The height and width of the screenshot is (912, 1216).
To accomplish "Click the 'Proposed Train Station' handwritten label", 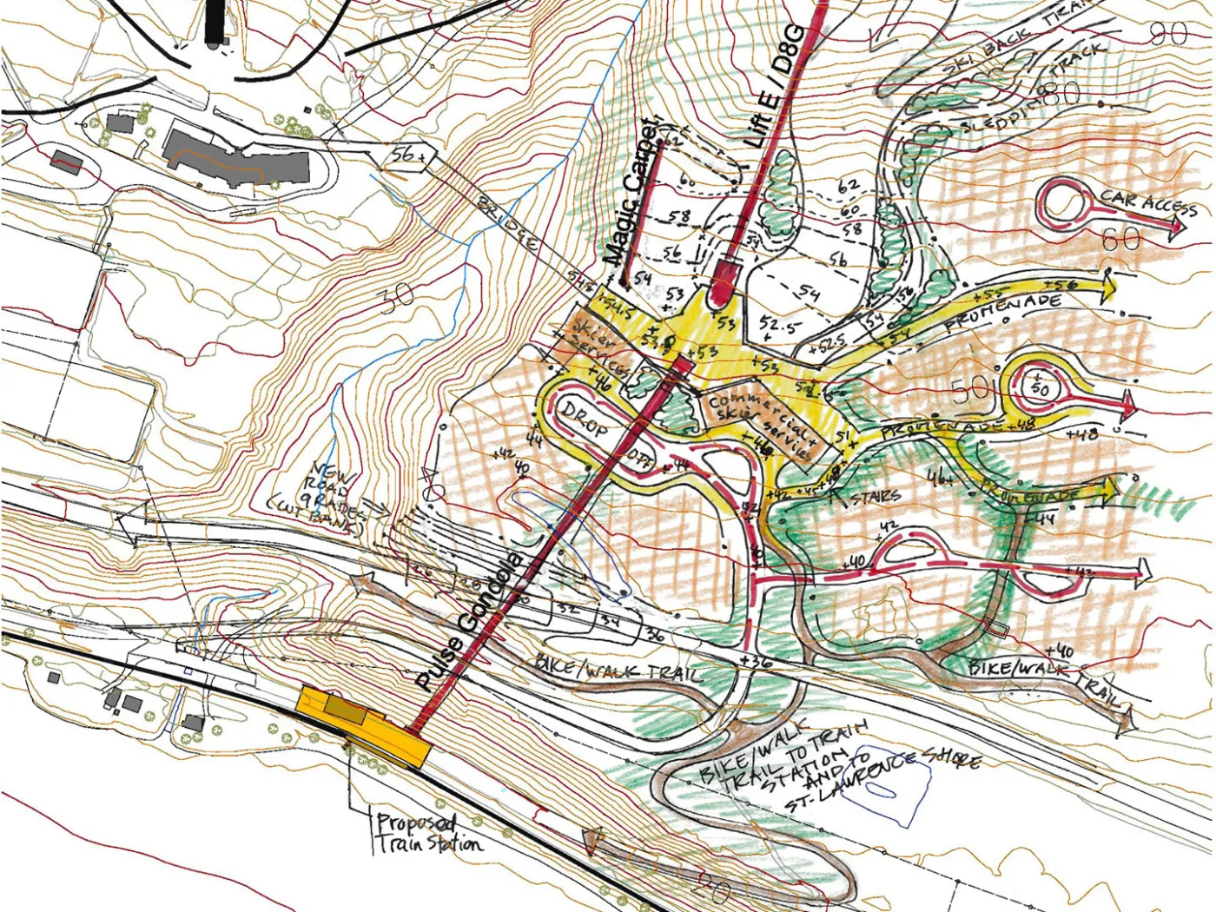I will (427, 832).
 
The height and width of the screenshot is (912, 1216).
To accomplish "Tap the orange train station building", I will (365, 725).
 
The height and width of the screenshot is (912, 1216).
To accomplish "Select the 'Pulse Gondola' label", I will (469, 621).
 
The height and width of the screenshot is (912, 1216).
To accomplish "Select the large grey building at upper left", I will (236, 159).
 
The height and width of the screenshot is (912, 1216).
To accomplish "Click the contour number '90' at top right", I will (1167, 35).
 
